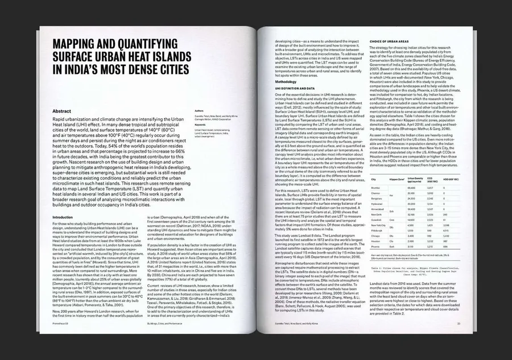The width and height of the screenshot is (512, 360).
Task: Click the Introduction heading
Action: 63,218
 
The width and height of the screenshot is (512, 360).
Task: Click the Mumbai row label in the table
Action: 375,187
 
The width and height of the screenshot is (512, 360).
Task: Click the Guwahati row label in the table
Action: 377,218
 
